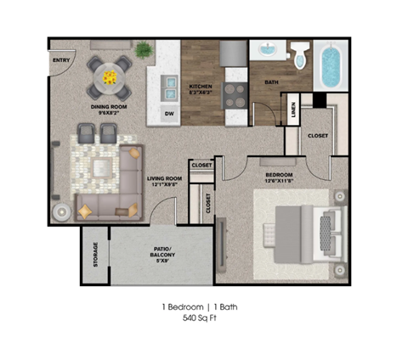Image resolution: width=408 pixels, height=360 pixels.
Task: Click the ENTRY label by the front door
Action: click(62, 60)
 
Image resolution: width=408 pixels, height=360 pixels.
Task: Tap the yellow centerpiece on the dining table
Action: click(111, 77)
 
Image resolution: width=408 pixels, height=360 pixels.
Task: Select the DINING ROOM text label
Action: click(109, 109)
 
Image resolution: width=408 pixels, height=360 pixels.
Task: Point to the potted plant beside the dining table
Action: click(144, 51)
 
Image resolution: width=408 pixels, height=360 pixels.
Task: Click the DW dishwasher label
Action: click(169, 114)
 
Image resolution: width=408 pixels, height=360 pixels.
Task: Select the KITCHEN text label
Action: click(200, 88)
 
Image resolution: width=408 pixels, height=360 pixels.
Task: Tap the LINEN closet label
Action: click(294, 110)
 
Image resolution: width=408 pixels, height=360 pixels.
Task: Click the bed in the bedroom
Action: click(300, 230)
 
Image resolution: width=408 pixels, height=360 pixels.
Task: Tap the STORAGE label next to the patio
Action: click(94, 255)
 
